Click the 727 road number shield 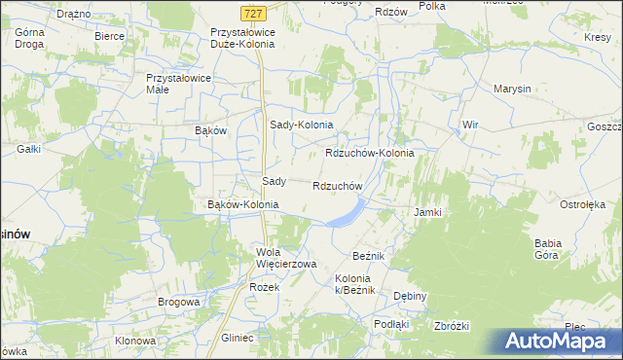click(252, 12)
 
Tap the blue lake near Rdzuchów click(346, 214)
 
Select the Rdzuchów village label click(338, 186)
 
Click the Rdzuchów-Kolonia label click(369, 154)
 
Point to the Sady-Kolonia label click(301, 126)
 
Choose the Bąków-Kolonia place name click(243, 205)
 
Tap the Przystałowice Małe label click(171, 84)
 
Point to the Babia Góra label click(550, 250)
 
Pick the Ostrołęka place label click(582, 205)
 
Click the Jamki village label click(428, 212)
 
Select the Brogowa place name click(178, 303)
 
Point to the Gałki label click(29, 149)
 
